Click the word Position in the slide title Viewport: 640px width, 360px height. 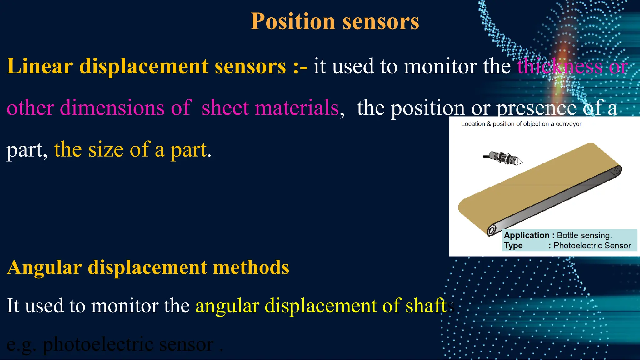[x=293, y=22]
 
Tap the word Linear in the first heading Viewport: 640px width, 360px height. [x=40, y=66]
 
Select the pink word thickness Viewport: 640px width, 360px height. [x=559, y=66]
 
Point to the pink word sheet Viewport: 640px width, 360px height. [x=225, y=108]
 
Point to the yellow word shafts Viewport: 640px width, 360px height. [x=430, y=306]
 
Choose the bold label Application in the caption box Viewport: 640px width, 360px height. [x=527, y=235]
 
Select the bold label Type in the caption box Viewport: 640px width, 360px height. [x=513, y=246]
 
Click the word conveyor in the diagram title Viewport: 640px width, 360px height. [x=568, y=124]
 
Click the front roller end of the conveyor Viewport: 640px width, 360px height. [x=492, y=230]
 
